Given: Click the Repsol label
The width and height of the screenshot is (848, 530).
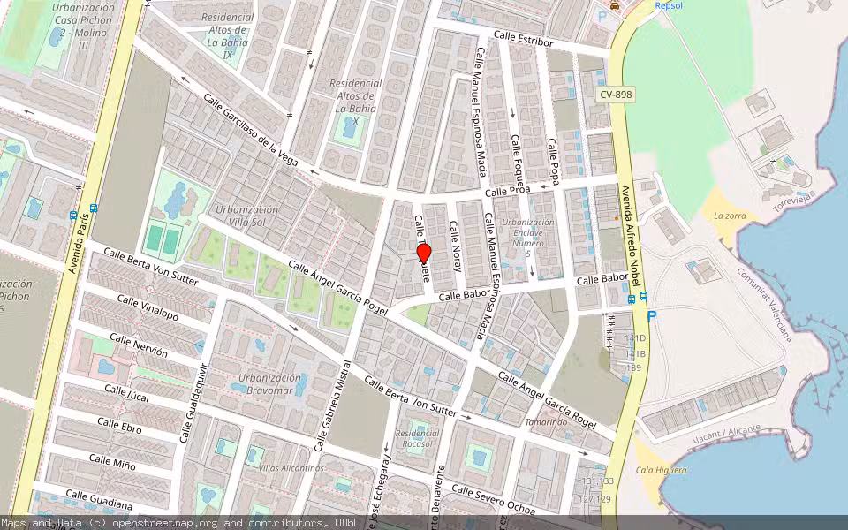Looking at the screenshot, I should click(x=670, y=5).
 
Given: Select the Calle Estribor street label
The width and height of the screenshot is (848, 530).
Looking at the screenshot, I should click(x=524, y=39).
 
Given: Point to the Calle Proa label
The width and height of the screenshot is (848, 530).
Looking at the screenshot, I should click(x=507, y=191).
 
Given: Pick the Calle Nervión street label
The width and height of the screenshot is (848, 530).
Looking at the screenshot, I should click(x=138, y=345).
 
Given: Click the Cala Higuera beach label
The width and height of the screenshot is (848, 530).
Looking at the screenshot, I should click(x=662, y=470).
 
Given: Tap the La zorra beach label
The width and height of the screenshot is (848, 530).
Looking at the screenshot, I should click(x=731, y=216).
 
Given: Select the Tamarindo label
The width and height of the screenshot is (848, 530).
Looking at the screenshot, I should click(x=546, y=422).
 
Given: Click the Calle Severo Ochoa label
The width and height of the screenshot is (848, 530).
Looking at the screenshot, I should click(x=494, y=500).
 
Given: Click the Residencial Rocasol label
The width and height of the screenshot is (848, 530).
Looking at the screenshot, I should click(x=417, y=438).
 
